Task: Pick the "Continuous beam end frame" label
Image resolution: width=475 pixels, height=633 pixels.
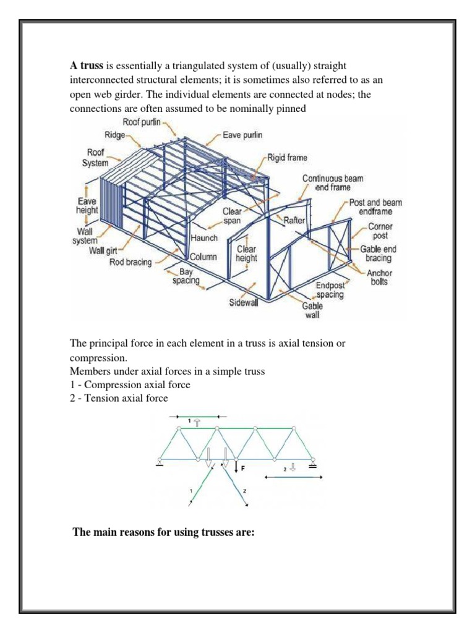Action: [332, 183]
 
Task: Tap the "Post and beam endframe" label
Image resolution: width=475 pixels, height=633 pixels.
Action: [375, 207]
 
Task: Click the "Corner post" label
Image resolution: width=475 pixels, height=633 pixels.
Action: [380, 231]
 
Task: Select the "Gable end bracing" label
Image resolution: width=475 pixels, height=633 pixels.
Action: [376, 253]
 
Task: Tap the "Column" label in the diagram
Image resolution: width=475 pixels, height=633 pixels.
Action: [203, 257]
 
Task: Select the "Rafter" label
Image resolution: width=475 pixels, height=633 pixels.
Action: [295, 220]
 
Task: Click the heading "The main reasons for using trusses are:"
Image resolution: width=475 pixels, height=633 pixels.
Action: [164, 532]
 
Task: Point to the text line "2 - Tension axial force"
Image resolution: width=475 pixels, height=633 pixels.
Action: [119, 398]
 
